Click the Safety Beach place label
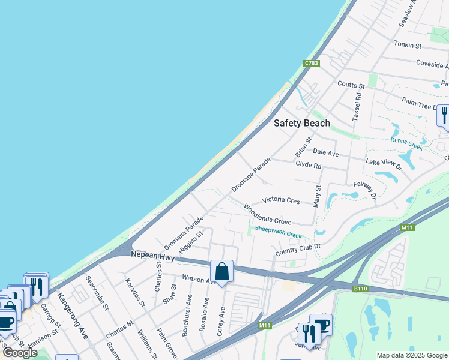302,123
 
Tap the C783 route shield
311,63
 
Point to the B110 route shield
360,289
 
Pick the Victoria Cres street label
280,200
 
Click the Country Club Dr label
298,249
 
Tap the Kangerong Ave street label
73,316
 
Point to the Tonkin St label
408,45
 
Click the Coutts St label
351,85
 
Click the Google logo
20,353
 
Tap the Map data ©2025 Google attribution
411,355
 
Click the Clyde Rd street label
309,165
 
